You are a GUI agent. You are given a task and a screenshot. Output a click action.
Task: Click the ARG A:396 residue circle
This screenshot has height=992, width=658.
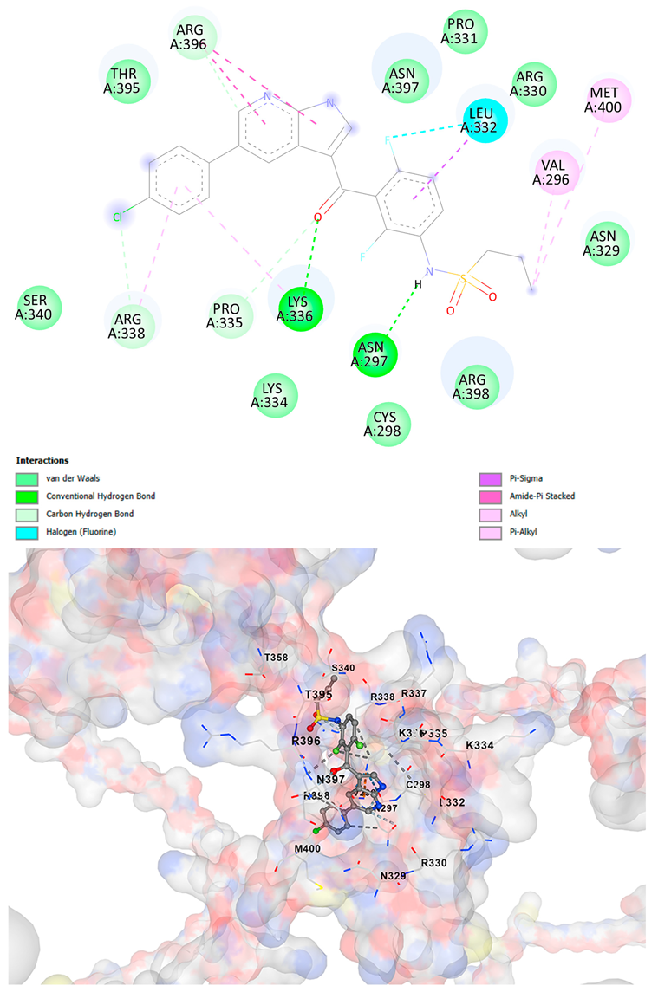click(189, 39)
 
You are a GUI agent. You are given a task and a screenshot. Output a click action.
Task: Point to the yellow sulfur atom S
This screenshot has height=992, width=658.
click(463, 278)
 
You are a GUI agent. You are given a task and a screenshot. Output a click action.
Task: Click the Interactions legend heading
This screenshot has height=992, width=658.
click(42, 460)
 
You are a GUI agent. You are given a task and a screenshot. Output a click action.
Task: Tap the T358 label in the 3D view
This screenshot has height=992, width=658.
click(276, 658)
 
